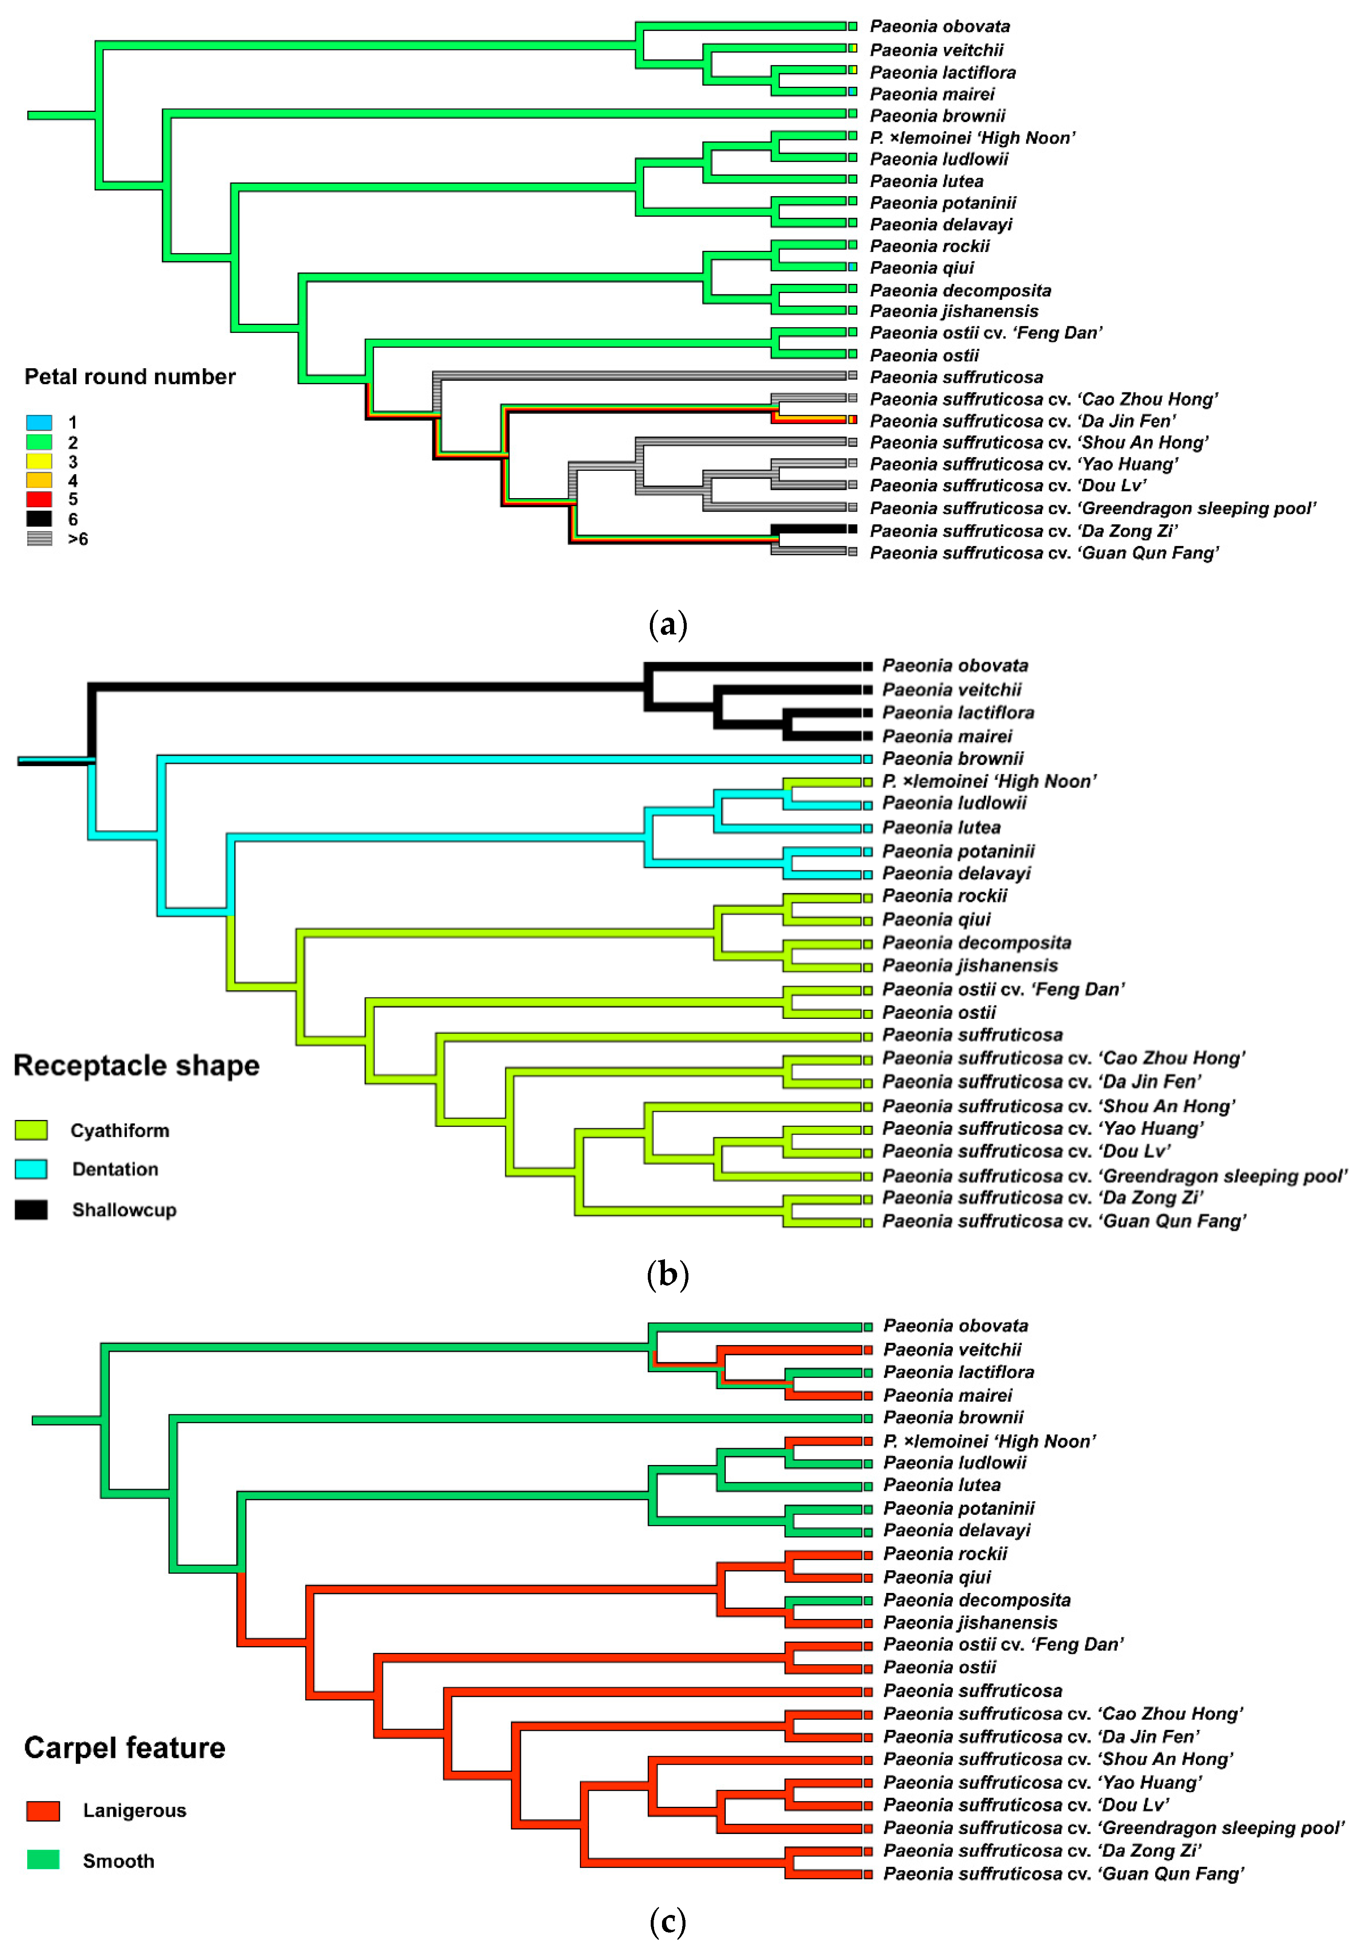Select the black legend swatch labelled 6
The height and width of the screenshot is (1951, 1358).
click(39, 518)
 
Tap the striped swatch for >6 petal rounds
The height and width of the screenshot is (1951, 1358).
click(39, 538)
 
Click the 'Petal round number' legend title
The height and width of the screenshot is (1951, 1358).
click(130, 377)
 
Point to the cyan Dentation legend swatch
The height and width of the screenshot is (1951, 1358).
click(31, 1169)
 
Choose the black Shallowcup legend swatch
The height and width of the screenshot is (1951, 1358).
click(31, 1209)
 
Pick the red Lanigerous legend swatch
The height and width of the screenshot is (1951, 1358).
click(43, 1811)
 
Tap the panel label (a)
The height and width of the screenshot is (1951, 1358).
click(667, 625)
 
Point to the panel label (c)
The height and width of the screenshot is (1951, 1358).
click(667, 1921)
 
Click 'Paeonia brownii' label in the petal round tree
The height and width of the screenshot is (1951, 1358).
click(938, 116)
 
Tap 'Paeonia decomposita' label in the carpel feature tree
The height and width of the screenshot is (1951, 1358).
click(977, 1600)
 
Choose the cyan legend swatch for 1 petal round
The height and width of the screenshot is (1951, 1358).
click(39, 422)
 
